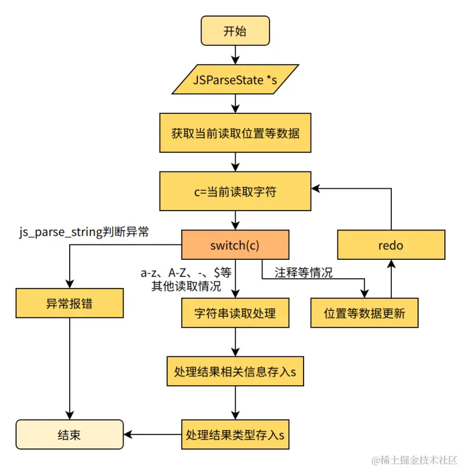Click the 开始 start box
click(x=235, y=31)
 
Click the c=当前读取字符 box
click(x=235, y=191)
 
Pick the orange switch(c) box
click(x=235, y=245)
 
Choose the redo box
click(x=391, y=245)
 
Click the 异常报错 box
click(x=69, y=303)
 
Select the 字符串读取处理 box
click(x=235, y=313)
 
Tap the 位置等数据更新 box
click(x=364, y=313)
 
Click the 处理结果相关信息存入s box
click(x=235, y=371)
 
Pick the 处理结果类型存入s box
click(x=235, y=435)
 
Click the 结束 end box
click(x=69, y=435)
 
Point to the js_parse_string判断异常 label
click(x=84, y=232)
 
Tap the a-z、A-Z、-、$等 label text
click(x=186, y=273)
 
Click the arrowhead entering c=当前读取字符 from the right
click(x=316, y=189)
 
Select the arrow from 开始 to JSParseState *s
click(x=236, y=55)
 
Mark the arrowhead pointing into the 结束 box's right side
click(x=128, y=435)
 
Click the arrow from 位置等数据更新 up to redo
click(x=391, y=279)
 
